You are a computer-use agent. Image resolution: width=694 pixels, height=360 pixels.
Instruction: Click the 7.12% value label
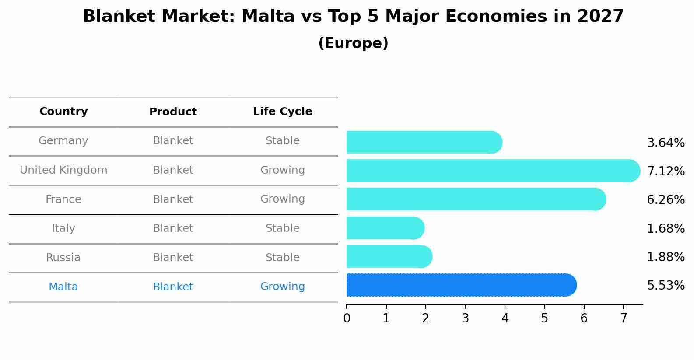point(666,171)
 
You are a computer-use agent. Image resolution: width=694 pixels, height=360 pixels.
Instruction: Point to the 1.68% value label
point(666,229)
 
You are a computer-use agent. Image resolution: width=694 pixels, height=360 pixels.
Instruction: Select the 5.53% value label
point(666,286)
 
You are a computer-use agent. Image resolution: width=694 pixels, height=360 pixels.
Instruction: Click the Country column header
point(63,112)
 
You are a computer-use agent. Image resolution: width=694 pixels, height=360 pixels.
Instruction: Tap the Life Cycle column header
point(282,112)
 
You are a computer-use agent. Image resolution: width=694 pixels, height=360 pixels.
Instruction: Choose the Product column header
point(173,112)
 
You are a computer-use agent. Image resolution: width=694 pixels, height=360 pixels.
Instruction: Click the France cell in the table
point(63,199)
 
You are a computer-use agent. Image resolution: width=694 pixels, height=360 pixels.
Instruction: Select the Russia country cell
point(63,258)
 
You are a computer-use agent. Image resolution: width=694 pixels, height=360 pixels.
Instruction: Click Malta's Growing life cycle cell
point(282,287)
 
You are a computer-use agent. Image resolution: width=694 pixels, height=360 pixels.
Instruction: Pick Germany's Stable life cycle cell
point(282,141)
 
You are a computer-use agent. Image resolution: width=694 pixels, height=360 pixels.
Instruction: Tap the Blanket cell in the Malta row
point(173,287)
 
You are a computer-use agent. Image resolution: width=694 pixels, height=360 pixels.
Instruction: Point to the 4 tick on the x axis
point(505,318)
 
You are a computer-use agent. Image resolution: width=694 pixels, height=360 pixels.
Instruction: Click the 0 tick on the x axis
point(347,318)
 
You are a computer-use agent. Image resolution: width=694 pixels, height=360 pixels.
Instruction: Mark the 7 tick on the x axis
point(624,318)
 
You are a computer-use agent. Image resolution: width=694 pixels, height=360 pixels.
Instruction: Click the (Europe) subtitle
point(353,43)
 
